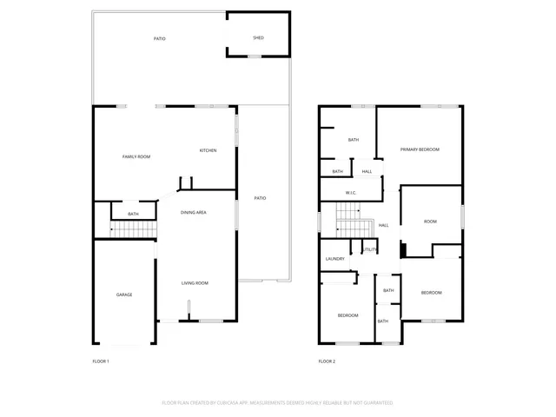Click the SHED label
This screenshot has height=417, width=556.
click(258, 38)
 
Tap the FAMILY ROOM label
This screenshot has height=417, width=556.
click(136, 156)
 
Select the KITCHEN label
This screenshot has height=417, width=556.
click(208, 151)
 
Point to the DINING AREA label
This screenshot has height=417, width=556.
click(194, 212)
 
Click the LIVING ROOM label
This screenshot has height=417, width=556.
click(195, 283)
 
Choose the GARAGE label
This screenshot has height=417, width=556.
click(124, 295)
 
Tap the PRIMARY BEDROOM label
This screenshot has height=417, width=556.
click(420, 149)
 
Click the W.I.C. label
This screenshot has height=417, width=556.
click(351, 193)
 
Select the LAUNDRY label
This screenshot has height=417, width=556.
click(335, 259)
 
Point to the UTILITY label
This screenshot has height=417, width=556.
click(369, 250)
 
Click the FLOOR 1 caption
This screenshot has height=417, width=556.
click(101, 361)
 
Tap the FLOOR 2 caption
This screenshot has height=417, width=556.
click(327, 361)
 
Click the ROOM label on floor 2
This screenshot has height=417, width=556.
click(430, 222)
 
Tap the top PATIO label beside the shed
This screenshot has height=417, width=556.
click(160, 39)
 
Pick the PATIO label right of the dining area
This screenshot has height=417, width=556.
click(260, 198)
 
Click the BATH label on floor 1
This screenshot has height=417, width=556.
click(133, 214)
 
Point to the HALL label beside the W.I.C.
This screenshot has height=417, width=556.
click(367, 171)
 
